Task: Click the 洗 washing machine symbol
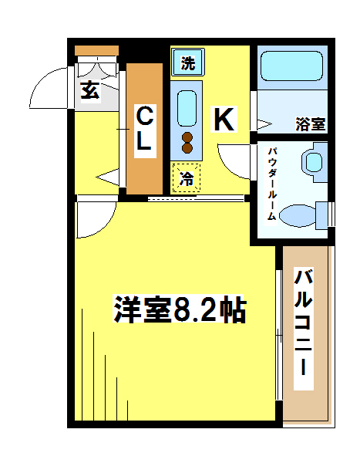coord(188,63)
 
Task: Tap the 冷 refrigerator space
coord(187,177)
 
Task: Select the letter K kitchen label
coord(224,119)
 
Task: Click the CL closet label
coord(145,129)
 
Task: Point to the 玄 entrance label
coord(90,91)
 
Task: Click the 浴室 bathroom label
coord(311,124)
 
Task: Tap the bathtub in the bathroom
coord(291,66)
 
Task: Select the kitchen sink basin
coord(187,109)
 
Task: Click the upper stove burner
coord(187,137)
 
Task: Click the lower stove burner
coord(187,147)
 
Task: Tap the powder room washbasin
coord(313,162)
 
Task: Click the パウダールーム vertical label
coord(271,184)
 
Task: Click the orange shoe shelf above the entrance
coord(96,50)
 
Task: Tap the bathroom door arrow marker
coord(264,124)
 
